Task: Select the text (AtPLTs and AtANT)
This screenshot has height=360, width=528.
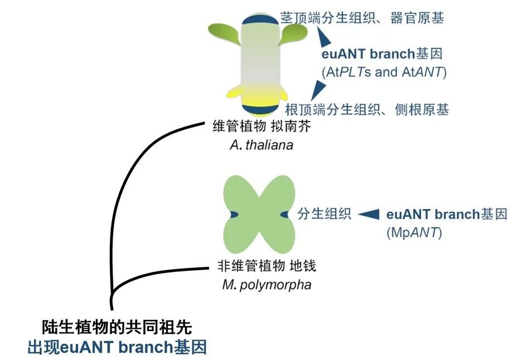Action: click(x=384, y=72)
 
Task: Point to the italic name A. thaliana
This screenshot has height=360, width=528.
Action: click(x=261, y=145)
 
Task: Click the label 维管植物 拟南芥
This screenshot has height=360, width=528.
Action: click(x=261, y=127)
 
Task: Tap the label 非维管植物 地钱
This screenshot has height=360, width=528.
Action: click(x=267, y=266)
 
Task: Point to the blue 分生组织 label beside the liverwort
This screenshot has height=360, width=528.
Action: click(x=324, y=215)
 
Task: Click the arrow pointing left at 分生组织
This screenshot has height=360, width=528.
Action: click(x=368, y=215)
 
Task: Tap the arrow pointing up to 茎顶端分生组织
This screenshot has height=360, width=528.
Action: click(x=323, y=37)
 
